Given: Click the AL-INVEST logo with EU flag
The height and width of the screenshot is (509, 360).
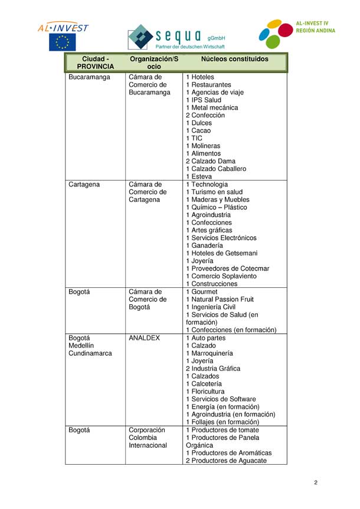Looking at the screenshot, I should pyautogui.click(x=63, y=35).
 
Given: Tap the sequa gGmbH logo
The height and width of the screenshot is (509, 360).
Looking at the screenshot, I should pyautogui.click(x=176, y=37).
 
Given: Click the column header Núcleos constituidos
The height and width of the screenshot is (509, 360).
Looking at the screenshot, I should pyautogui.click(x=234, y=60).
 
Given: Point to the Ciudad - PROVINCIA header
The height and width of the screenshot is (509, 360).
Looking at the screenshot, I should pyautogui.click(x=96, y=63).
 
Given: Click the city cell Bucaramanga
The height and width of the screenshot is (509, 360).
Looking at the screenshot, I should pyautogui.click(x=89, y=77).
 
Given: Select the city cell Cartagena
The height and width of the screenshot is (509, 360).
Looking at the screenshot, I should pyautogui.click(x=84, y=185).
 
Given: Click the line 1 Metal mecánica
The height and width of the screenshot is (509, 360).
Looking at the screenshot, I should pyautogui.click(x=212, y=108).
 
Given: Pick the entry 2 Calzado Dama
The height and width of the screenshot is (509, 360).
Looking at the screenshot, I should pyautogui.click(x=210, y=162).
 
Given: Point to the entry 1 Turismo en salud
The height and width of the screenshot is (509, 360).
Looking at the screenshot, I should pyautogui.click(x=214, y=192).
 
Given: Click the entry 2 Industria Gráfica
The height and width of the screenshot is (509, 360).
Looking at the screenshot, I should pyautogui.click(x=213, y=369).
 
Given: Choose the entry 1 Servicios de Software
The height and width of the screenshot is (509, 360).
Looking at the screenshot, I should pyautogui.click(x=221, y=399).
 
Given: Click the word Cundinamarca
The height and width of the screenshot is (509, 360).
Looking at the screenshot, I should pyautogui.click(x=90, y=354).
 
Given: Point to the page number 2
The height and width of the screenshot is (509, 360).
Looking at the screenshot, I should pyautogui.click(x=316, y=483).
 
